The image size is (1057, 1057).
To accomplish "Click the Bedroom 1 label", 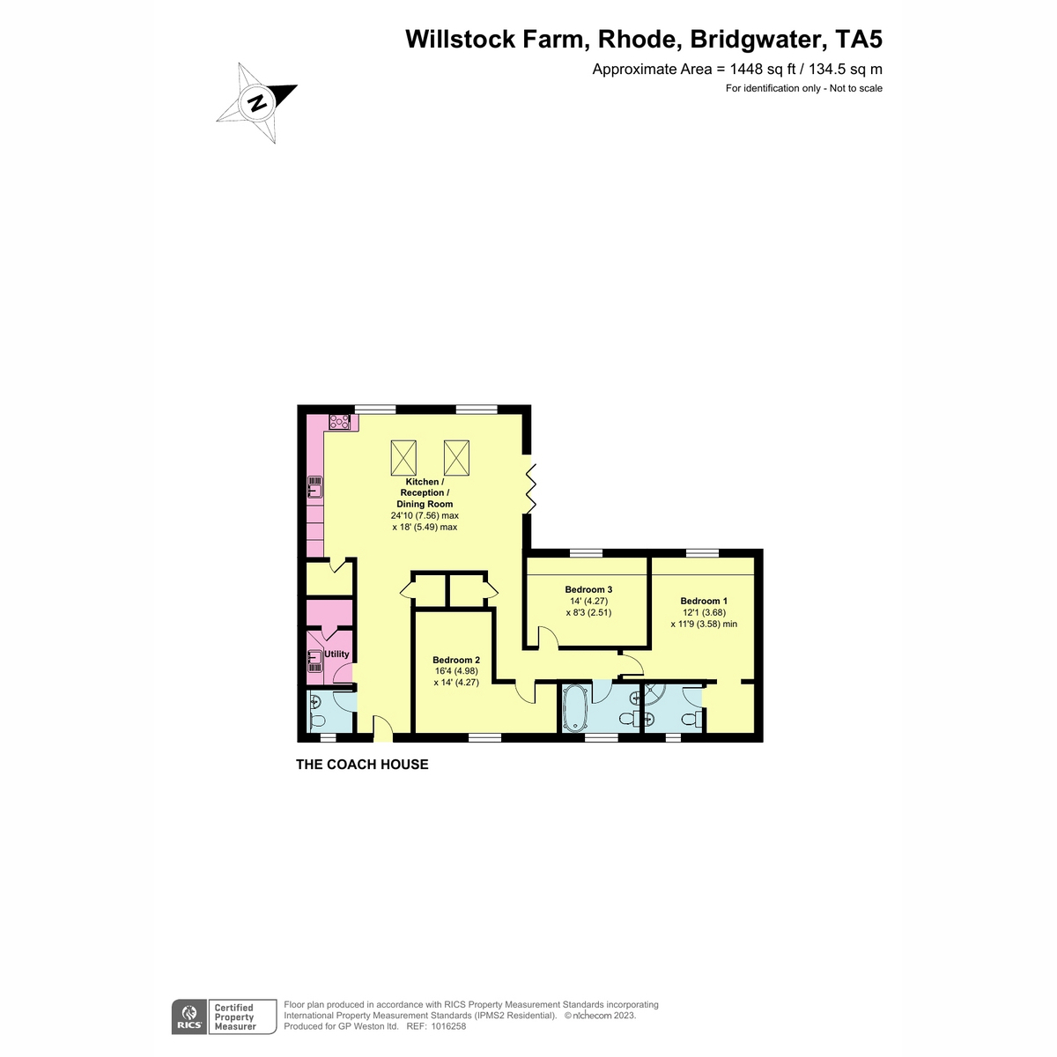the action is [703, 601].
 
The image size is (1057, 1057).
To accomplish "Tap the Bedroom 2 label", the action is [455, 660].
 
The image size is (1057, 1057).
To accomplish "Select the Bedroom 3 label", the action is [588, 589].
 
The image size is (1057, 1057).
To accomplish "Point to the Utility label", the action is [336, 654].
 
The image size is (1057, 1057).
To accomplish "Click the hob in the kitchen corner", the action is [339, 422].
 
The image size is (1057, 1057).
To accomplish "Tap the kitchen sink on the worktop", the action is [314, 486].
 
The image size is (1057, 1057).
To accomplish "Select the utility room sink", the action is [314, 661].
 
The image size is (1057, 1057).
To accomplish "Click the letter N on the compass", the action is [256, 103].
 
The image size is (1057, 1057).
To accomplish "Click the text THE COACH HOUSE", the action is [362, 764].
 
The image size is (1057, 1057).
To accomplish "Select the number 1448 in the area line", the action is [746, 69].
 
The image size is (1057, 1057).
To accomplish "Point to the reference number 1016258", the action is [447, 1026].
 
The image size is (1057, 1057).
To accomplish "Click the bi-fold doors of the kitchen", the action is [529, 489].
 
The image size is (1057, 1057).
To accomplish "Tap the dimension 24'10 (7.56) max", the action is [425, 515].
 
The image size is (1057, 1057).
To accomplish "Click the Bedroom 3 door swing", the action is [548, 638].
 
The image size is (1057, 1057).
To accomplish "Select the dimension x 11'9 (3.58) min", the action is [703, 624].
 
